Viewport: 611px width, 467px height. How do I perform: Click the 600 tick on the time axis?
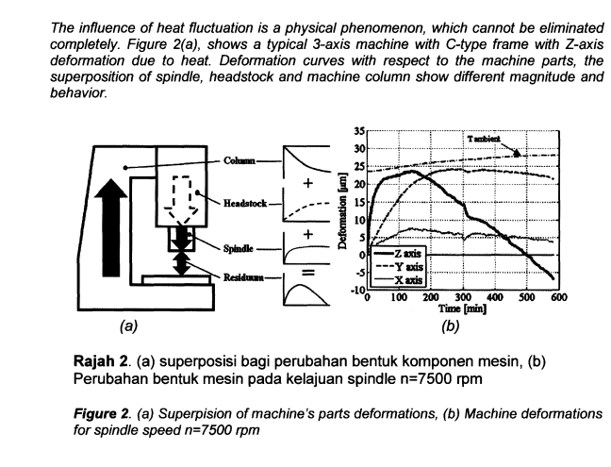point(557,298)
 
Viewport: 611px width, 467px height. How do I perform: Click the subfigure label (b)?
point(451,326)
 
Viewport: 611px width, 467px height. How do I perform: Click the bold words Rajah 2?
point(101,362)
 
